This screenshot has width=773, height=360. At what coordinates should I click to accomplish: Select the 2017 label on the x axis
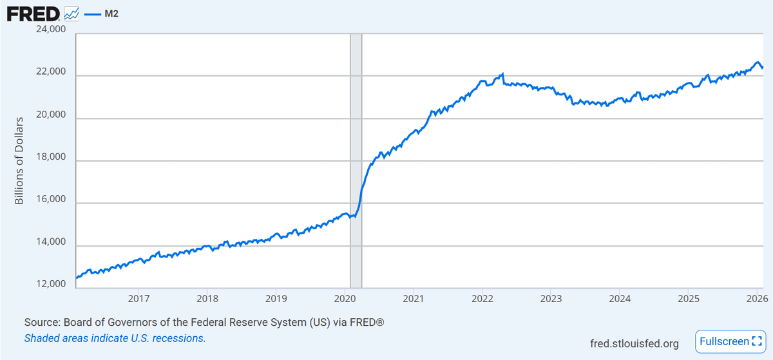pyautogui.click(x=139, y=298)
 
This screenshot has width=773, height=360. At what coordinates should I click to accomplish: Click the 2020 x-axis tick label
pyautogui.click(x=345, y=298)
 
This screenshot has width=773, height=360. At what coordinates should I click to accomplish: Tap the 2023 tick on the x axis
pyautogui.click(x=551, y=298)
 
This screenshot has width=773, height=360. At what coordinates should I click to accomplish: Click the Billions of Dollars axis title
pyautogui.click(x=19, y=161)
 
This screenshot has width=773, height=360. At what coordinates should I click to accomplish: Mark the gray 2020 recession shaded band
pyautogui.click(x=356, y=161)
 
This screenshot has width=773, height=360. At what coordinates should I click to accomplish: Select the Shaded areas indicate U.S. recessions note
pyautogui.click(x=115, y=338)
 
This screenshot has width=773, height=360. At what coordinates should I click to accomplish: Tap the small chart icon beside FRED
pyautogui.click(x=72, y=13)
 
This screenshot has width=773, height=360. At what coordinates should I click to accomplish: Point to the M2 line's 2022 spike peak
pyautogui.click(x=502, y=74)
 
